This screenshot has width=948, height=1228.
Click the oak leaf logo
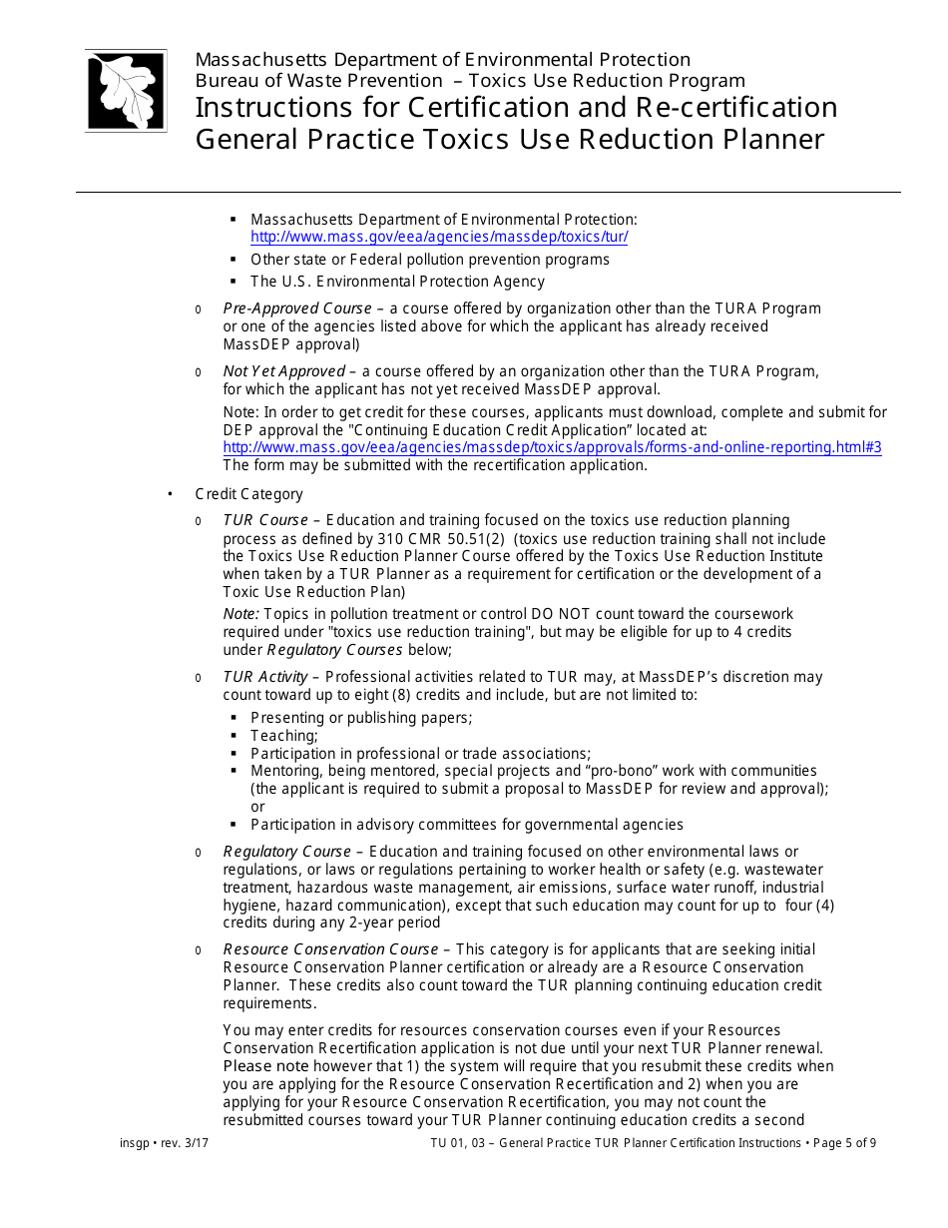(x=126, y=91)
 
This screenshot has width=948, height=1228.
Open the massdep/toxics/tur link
(x=439, y=237)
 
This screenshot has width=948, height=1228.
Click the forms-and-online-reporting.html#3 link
(x=552, y=447)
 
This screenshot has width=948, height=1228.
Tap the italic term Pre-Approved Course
(x=297, y=308)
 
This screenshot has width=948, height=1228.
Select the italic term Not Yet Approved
(x=283, y=371)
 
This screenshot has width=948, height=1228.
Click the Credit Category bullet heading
(x=248, y=494)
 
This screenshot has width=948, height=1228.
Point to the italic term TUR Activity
(x=265, y=677)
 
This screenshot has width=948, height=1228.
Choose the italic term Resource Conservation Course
(x=330, y=949)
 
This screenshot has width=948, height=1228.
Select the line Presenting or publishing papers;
(x=361, y=718)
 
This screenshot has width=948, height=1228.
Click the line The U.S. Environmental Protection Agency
(x=397, y=282)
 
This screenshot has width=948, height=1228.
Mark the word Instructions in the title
(x=273, y=107)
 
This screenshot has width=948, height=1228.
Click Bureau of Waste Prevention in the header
(x=318, y=81)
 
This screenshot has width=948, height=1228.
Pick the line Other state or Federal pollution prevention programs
(x=429, y=260)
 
